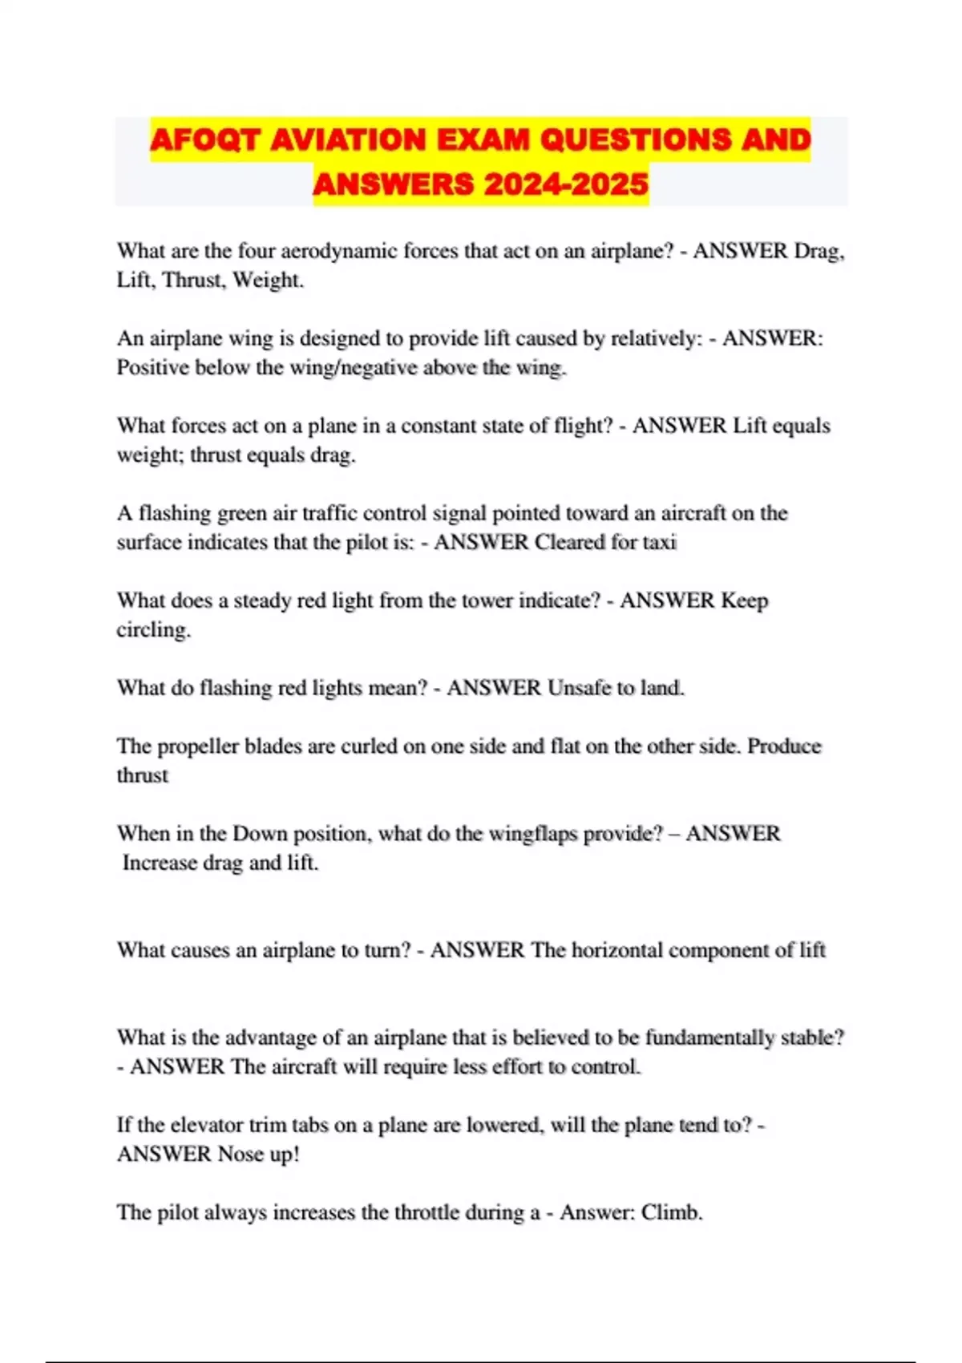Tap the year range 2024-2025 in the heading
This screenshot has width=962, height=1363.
pyautogui.click(x=565, y=184)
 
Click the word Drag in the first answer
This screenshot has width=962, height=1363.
pyautogui.click(x=817, y=251)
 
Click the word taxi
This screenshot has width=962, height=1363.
pyautogui.click(x=659, y=542)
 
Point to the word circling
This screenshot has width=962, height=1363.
pyautogui.click(x=152, y=629)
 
